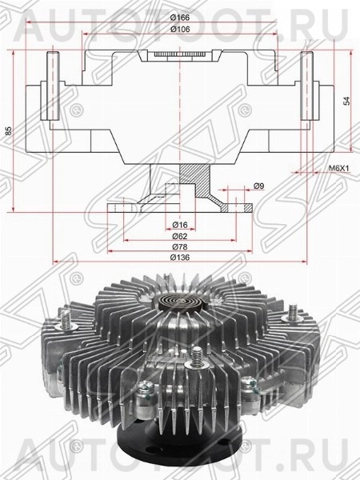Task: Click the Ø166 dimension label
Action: coord(181,17)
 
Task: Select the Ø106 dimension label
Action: coord(181,29)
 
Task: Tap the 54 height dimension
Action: coord(347,101)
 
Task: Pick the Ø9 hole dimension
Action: coord(258,187)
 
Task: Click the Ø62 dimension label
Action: coord(181,237)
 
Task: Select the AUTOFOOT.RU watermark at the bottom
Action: coord(180,462)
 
